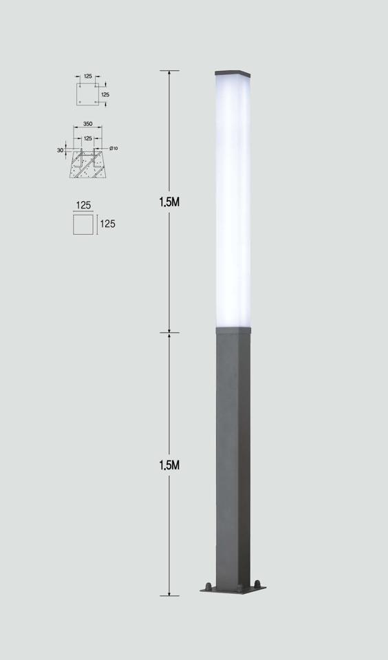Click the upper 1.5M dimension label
tap(169, 202)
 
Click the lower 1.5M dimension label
tap(169, 465)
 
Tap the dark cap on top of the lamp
tap(233, 73)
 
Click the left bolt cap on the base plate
tap(208, 586)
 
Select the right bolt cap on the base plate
tap(257, 584)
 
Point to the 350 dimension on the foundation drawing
tap(87, 124)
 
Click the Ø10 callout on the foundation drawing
tap(114, 149)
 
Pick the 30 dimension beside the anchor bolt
tap(60, 150)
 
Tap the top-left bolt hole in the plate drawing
tap(80, 86)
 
